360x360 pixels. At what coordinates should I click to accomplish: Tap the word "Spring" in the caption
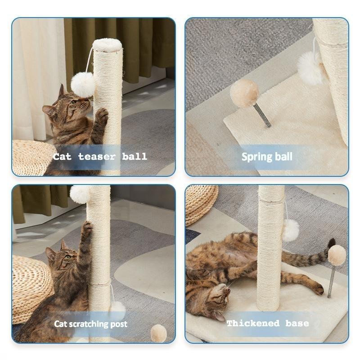click(255, 157)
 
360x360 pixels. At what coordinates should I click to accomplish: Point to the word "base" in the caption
click(297, 324)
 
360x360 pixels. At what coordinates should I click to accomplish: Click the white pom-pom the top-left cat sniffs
click(83, 84)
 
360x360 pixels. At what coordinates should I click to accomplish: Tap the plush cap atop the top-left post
click(108, 45)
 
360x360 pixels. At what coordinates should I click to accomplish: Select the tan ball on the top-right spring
click(244, 93)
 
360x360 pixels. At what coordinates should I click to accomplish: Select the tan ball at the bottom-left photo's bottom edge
click(158, 333)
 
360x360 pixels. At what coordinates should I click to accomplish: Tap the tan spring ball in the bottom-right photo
click(337, 255)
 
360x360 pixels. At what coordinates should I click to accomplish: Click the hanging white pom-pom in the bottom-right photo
click(291, 230)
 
